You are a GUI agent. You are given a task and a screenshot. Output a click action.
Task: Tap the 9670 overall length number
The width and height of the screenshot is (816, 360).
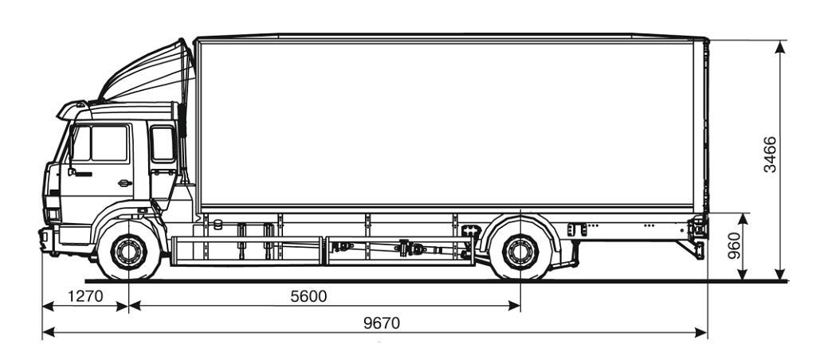coord(381,323)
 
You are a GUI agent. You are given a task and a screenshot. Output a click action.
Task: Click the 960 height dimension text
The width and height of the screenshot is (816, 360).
coord(735,247)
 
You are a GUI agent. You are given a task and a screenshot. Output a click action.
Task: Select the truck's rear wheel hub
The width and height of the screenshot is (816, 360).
coord(520,253)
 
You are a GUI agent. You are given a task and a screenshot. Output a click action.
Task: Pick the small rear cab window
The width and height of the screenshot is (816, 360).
coord(163,144)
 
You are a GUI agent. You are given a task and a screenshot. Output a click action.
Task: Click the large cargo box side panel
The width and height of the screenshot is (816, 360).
coord(446,123)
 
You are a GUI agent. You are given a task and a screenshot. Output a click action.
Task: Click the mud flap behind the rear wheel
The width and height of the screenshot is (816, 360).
coord(570,251)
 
